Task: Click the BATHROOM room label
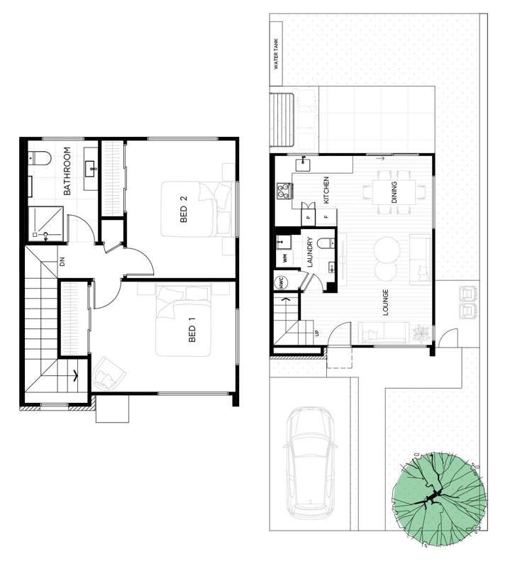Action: (68, 172)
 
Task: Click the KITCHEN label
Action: (326, 190)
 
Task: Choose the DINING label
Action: (394, 192)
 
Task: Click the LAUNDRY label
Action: (310, 253)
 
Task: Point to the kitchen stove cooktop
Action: (284, 190)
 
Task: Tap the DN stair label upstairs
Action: (62, 262)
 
